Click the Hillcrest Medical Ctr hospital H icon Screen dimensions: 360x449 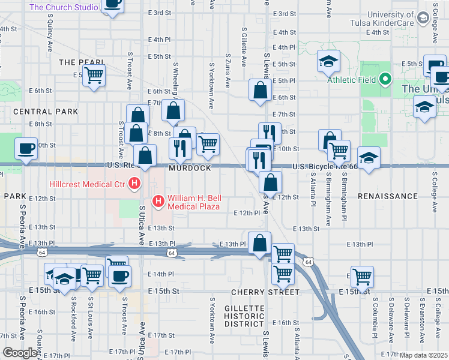tap(135, 183)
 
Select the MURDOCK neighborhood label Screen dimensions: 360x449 tap(190, 169)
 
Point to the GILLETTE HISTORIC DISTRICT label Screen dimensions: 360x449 tap(244, 316)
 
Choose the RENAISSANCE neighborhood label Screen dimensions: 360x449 tap(387, 196)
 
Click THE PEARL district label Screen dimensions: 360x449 tap(82, 62)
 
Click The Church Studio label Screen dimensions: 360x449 tap(64, 8)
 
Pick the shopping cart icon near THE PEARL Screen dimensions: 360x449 tap(94, 76)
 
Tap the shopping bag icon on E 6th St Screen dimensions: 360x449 tap(260, 91)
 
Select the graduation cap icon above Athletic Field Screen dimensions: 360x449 tap(328, 61)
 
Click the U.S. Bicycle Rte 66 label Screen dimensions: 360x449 tap(325, 167)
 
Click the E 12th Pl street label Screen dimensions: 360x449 tap(247, 213)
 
